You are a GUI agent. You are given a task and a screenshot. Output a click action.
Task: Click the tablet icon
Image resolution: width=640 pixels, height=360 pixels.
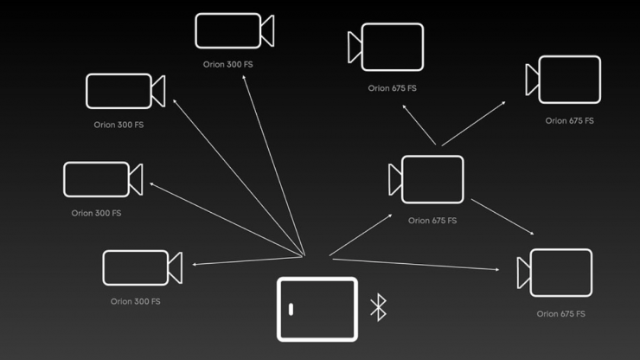317,309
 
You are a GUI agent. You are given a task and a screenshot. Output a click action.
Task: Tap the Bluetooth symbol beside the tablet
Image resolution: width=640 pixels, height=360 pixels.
378,308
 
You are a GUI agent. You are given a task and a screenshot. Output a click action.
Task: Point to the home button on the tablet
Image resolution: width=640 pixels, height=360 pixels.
291,309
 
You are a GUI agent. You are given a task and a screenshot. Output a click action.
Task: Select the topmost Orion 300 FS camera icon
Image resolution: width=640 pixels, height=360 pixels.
234,30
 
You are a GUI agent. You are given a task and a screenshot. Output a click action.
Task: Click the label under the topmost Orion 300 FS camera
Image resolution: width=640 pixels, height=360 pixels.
228,64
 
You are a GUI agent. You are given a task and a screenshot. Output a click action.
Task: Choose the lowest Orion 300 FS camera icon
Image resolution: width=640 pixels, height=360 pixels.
141,267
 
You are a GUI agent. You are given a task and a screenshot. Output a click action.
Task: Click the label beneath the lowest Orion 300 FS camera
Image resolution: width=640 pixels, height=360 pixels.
135,301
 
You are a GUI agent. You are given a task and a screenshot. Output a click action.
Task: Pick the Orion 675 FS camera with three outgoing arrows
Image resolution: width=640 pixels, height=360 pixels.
426,180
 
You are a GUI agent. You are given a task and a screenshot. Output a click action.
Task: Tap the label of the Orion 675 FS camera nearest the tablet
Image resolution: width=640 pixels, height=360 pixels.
432,221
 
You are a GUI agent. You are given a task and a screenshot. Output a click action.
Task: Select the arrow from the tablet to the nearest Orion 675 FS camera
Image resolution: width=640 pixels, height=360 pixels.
361,235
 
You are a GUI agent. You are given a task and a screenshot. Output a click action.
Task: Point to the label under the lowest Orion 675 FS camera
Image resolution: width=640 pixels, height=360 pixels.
560,313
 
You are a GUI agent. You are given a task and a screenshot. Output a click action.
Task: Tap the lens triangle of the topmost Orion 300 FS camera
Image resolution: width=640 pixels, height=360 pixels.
267,30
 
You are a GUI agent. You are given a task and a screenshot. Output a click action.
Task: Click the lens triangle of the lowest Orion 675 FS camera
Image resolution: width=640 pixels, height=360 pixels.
523,273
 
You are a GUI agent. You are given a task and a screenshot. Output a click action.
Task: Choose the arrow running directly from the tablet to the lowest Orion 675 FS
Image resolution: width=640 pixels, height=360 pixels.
415,265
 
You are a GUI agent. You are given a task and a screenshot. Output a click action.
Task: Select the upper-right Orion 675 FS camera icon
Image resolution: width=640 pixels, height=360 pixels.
564,80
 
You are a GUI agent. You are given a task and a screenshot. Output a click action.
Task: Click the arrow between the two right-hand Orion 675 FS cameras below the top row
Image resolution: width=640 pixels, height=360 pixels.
502,217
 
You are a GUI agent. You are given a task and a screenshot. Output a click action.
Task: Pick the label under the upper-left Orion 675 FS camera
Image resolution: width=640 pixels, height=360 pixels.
392,88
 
